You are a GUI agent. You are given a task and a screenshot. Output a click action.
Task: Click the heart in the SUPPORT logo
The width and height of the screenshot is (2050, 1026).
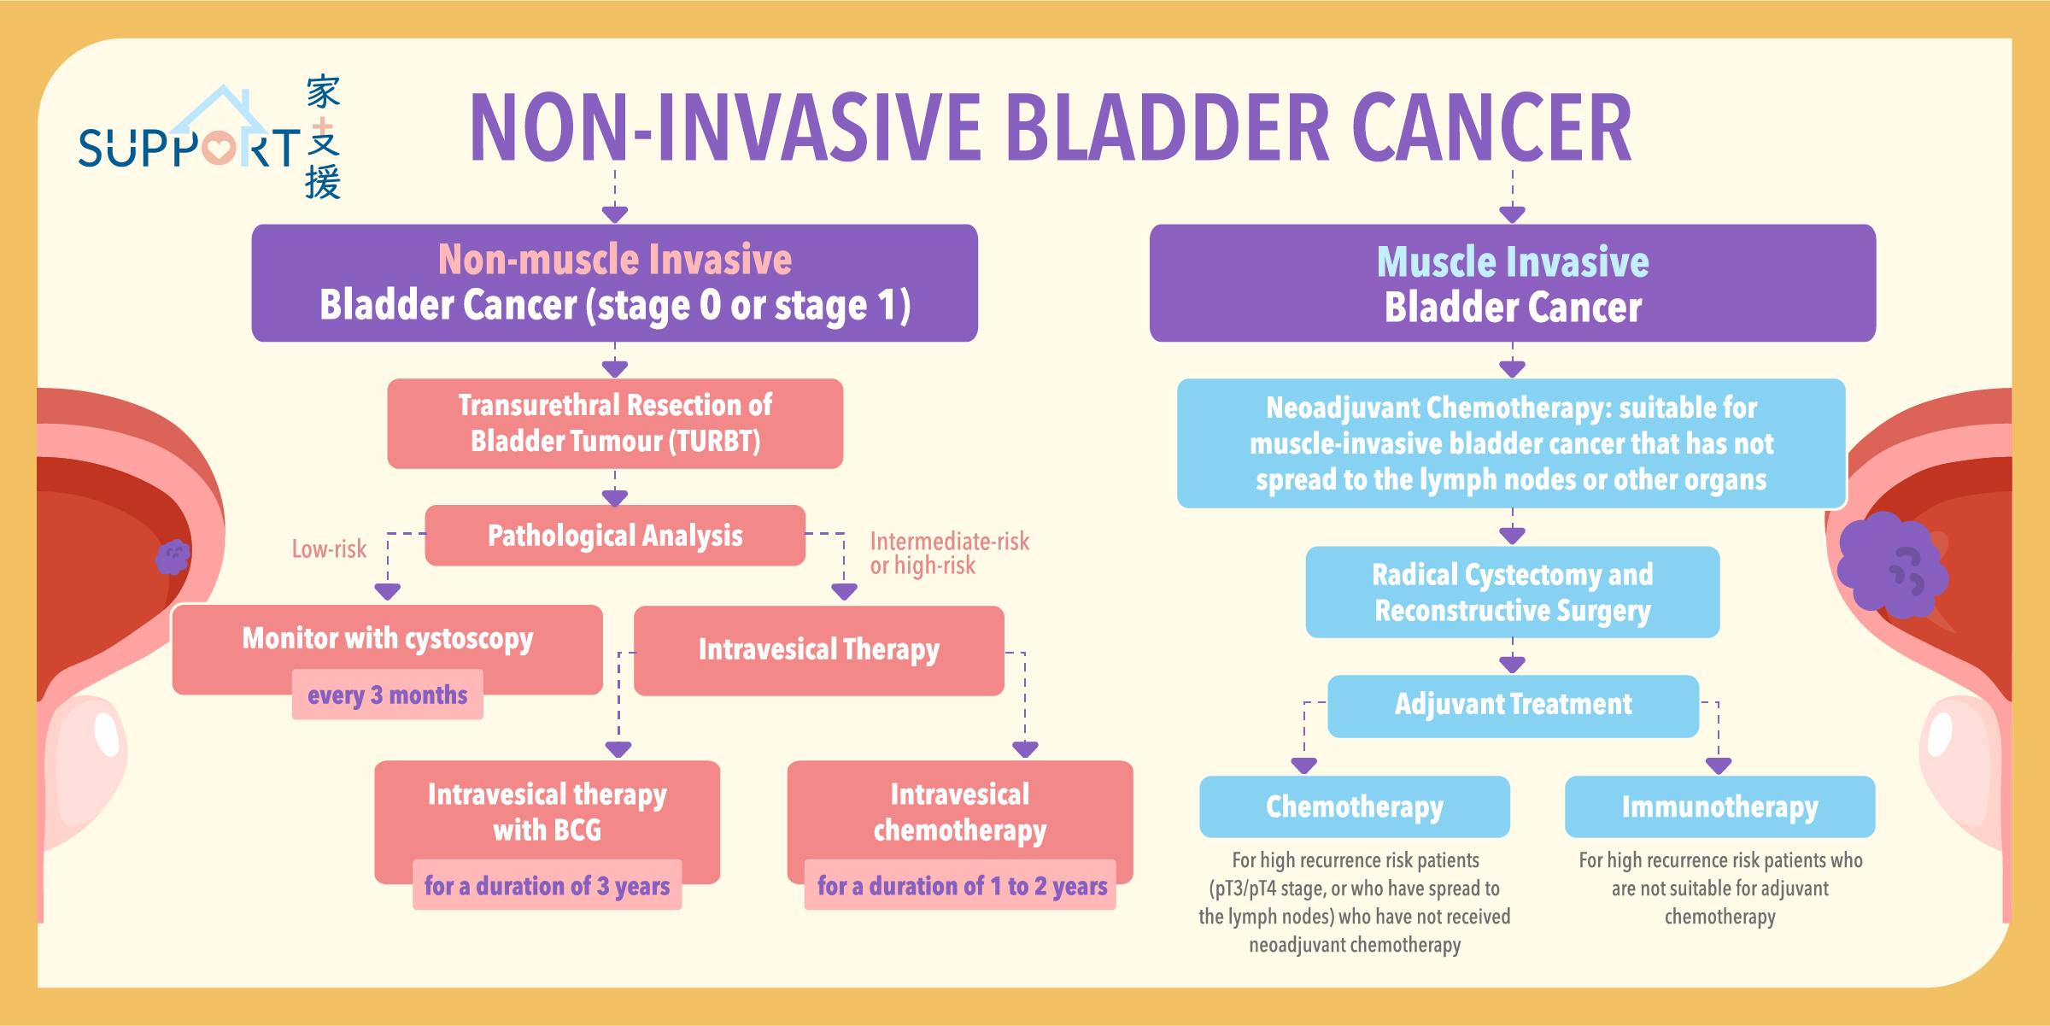click(x=219, y=148)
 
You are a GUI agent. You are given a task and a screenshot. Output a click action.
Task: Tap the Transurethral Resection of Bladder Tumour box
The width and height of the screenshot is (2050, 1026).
click(x=615, y=424)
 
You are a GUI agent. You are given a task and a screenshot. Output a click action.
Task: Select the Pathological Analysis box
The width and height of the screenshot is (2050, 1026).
click(x=615, y=536)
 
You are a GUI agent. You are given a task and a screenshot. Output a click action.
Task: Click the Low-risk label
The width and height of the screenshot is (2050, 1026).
click(x=329, y=548)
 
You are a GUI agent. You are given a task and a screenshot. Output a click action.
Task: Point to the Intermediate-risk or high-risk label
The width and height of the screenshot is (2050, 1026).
click(x=949, y=554)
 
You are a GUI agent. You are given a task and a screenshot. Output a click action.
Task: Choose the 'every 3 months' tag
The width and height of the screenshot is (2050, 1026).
click(x=388, y=695)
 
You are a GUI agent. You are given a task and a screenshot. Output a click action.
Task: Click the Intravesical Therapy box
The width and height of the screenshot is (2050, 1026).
click(x=819, y=650)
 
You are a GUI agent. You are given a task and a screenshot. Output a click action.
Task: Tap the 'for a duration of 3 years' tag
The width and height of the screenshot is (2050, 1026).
click(x=548, y=885)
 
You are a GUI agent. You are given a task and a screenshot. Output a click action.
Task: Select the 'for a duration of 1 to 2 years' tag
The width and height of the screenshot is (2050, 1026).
click(x=961, y=885)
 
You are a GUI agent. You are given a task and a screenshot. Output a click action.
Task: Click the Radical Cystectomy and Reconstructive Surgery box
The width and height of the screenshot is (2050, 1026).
click(x=1513, y=592)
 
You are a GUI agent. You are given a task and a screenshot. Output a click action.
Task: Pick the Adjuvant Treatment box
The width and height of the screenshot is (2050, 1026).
click(x=1513, y=706)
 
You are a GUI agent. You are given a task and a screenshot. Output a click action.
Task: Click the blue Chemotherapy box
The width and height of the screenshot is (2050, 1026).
click(x=1355, y=806)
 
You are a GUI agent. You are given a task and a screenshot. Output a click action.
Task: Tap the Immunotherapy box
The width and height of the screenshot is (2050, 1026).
click(x=1720, y=806)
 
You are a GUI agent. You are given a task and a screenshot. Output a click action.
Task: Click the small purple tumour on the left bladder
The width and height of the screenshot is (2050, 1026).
click(x=173, y=557)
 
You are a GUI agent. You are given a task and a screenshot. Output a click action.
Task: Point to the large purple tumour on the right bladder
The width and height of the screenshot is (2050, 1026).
click(x=1891, y=565)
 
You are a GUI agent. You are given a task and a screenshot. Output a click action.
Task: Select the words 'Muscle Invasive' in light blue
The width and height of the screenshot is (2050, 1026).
click(x=1513, y=261)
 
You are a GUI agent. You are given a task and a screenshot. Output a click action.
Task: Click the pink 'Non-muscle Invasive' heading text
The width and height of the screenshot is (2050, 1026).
click(x=615, y=259)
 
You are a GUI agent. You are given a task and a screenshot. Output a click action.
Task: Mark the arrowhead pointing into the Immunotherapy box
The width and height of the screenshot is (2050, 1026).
click(x=1719, y=765)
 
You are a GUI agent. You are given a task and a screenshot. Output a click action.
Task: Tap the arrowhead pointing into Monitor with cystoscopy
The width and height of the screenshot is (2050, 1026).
click(x=388, y=591)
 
